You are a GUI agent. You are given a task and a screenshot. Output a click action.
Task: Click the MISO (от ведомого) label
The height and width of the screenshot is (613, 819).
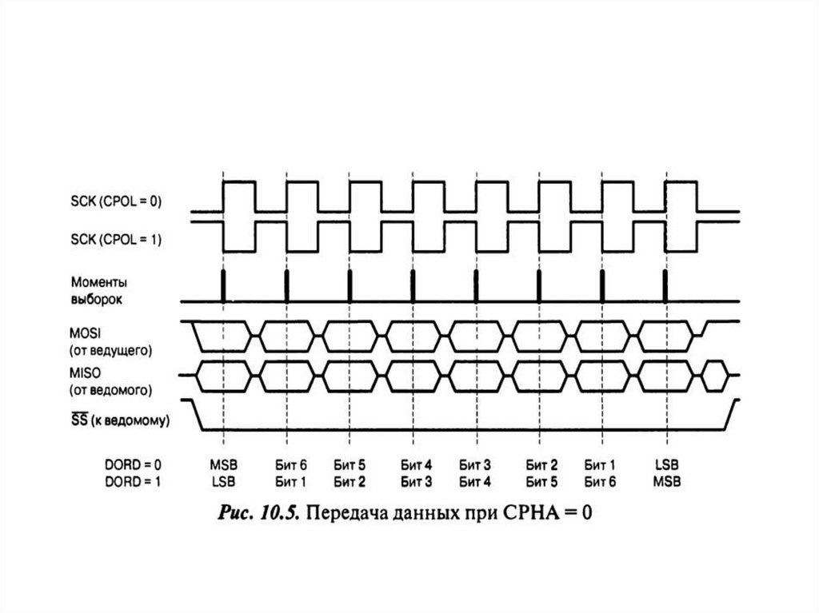click(x=111, y=381)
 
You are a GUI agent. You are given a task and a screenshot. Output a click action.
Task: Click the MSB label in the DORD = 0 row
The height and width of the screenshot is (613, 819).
click(x=224, y=464)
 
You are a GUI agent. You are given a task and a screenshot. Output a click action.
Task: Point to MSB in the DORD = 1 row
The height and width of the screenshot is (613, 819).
click(x=666, y=481)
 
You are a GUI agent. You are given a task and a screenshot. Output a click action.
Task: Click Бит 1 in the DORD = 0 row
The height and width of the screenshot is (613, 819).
click(x=600, y=464)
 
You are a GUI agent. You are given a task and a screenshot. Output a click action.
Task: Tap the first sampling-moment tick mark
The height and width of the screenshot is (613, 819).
click(x=223, y=286)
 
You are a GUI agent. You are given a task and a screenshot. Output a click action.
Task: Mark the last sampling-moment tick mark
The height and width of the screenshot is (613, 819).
click(x=665, y=286)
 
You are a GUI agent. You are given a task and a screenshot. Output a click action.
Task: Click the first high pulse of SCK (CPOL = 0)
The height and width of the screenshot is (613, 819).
click(x=239, y=184)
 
